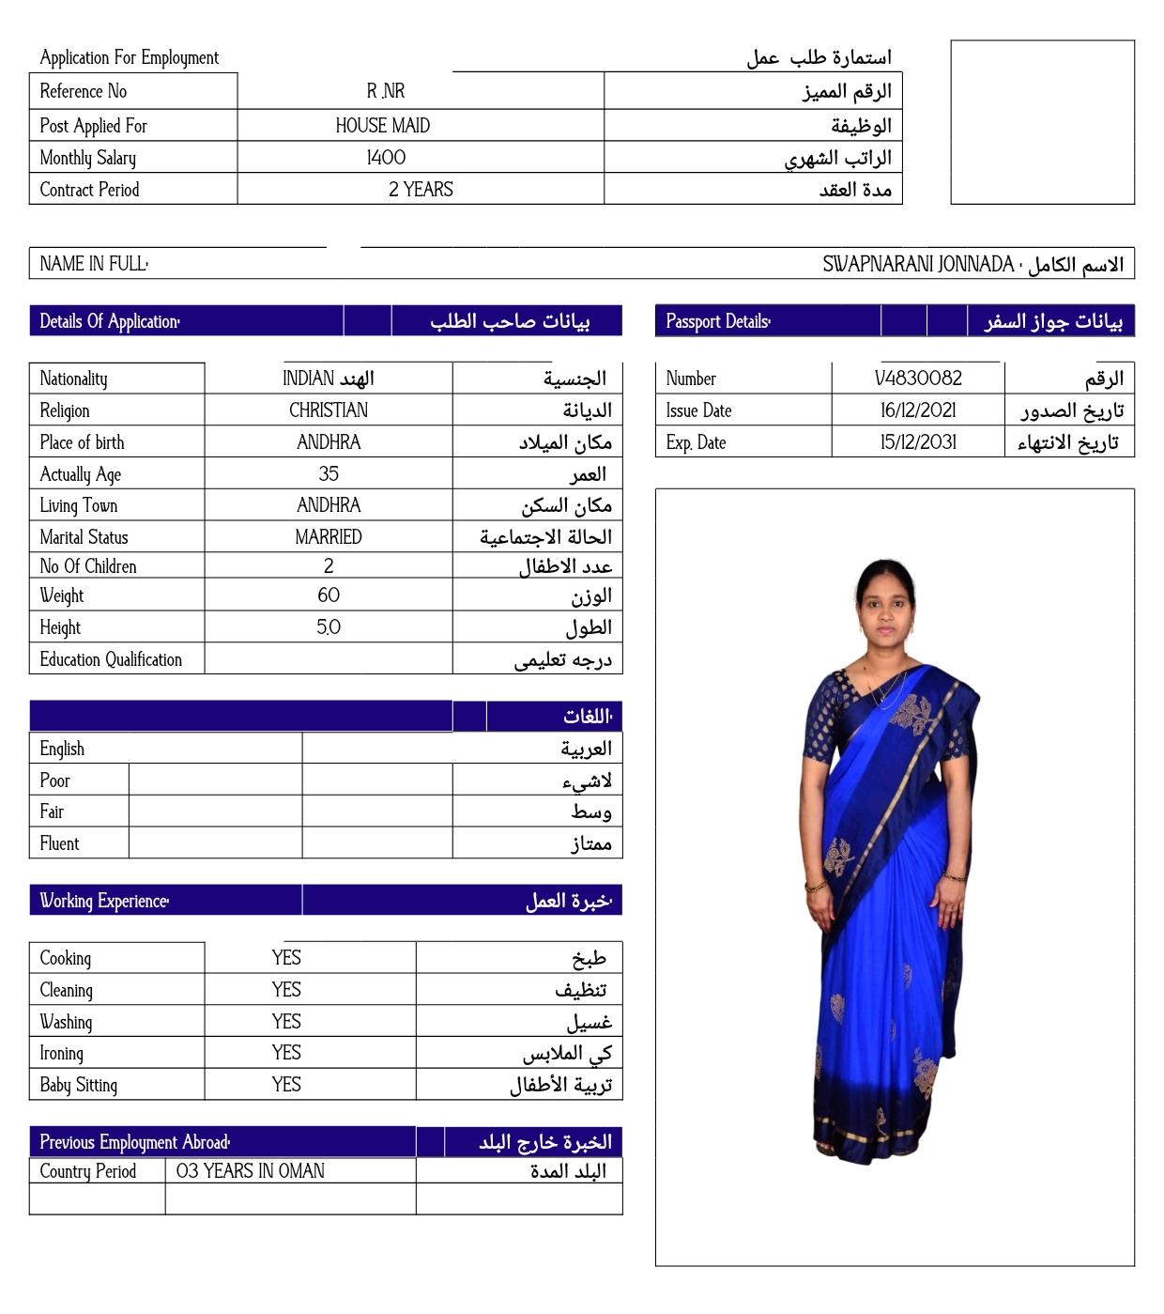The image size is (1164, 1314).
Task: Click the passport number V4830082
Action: coord(917,379)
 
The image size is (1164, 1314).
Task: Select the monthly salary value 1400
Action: coord(386,158)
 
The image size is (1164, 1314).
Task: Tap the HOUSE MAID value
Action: coord(383,126)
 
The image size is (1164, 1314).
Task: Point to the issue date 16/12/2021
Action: coord(917,410)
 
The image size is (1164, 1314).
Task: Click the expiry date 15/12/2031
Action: coord(917,442)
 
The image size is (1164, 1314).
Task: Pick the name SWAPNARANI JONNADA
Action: coord(917,265)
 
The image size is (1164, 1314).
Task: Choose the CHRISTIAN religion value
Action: coord(329,410)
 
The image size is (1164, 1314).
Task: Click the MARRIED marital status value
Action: coord(329,537)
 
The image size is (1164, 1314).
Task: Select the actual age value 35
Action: coord(329,474)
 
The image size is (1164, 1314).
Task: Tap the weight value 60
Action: coord(329,595)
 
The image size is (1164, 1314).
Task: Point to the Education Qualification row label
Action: coord(111,659)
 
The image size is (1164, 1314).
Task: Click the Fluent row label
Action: coord(59,843)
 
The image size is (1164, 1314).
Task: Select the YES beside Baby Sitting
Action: coord(286,1085)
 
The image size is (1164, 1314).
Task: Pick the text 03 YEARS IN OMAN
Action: coord(250,1171)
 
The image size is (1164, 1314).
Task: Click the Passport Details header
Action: coord(718,321)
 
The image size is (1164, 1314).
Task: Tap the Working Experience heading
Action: coord(104,901)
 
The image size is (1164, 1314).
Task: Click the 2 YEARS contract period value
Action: coord(421,190)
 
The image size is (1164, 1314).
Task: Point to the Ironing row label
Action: coord(62,1054)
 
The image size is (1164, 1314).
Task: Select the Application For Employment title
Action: coord(129,58)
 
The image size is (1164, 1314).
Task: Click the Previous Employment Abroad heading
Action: coord(134,1142)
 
